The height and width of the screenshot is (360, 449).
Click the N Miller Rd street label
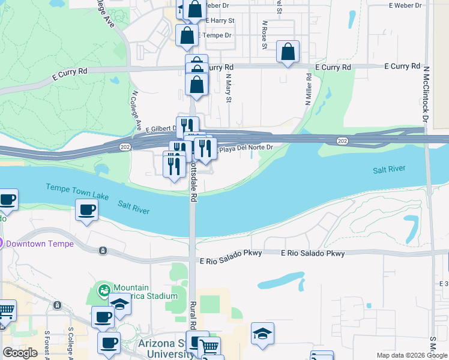(x=308, y=90)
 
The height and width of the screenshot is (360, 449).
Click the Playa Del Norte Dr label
(x=246, y=148)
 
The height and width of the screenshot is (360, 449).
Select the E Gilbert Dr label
(x=159, y=128)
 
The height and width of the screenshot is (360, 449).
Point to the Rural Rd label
(x=194, y=316)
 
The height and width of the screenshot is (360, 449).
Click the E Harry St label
(x=220, y=20)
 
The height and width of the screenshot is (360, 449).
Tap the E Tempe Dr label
(x=217, y=35)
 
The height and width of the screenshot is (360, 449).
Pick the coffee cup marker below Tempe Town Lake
(x=86, y=210)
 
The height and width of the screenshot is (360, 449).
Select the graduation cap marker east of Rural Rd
(x=262, y=333)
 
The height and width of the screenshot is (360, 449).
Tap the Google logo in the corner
(x=20, y=353)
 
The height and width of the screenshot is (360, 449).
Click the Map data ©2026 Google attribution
(x=412, y=355)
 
